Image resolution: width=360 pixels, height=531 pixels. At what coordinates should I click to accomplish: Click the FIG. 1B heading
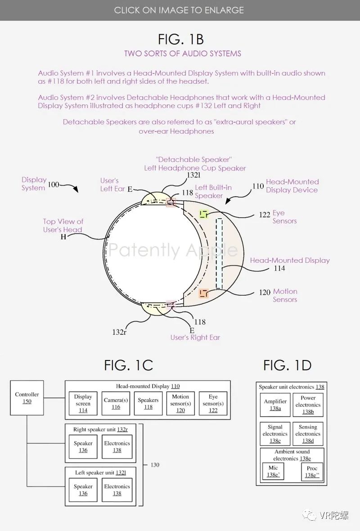[180, 39]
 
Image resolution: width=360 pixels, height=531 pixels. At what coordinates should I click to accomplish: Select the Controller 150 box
[27, 397]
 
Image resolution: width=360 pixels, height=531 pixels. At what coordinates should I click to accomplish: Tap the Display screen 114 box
[83, 403]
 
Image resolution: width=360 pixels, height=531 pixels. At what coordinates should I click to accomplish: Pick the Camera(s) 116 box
[116, 403]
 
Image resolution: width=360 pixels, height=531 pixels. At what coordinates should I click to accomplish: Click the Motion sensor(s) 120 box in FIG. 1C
[180, 403]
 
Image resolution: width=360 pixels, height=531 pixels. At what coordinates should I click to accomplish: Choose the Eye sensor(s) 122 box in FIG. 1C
[213, 403]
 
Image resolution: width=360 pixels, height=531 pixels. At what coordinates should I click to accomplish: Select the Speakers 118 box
[148, 403]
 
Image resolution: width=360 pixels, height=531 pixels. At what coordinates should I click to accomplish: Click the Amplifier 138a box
[275, 405]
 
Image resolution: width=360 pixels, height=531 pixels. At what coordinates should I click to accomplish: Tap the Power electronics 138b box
[308, 405]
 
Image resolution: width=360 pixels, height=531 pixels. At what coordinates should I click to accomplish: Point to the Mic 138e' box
[273, 471]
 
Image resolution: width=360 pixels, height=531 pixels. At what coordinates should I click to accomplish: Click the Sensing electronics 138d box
[308, 434]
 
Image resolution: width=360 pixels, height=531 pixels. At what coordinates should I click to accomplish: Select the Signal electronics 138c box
[275, 434]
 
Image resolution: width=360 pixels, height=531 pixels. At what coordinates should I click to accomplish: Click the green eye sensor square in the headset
[203, 214]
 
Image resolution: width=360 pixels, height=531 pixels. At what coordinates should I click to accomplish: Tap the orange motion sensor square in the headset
[203, 293]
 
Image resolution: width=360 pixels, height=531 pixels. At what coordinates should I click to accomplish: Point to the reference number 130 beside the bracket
[155, 464]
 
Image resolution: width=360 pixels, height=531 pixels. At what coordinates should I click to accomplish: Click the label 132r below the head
[119, 332]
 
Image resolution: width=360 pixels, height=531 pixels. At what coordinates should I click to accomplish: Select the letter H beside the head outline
[63, 237]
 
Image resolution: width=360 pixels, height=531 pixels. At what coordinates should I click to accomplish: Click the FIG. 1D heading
[287, 365]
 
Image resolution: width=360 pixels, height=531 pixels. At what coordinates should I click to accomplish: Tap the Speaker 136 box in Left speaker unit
[83, 490]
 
